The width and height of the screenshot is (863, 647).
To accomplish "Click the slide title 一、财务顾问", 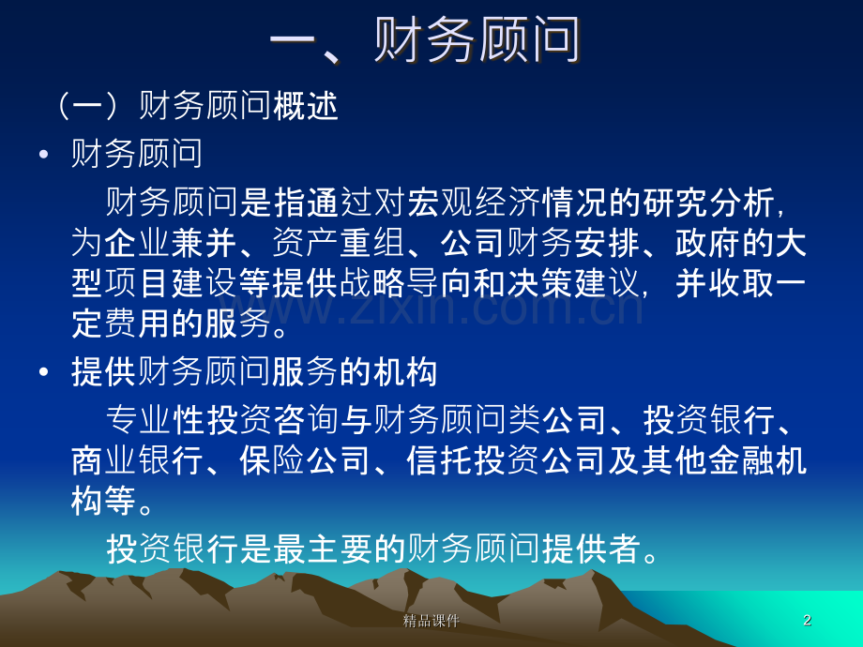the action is pyautogui.click(x=425, y=39).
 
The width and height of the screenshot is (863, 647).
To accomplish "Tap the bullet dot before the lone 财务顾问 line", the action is pyautogui.click(x=44, y=154).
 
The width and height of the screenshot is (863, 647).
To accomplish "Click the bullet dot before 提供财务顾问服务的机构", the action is pyautogui.click(x=44, y=372).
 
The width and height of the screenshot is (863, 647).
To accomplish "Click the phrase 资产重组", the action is pyautogui.click(x=338, y=243).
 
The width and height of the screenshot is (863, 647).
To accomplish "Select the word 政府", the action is pyautogui.click(x=708, y=243).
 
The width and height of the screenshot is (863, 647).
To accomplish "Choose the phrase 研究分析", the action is pyautogui.click(x=709, y=202).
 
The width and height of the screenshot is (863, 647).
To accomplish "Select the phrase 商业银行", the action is pyautogui.click(x=138, y=460).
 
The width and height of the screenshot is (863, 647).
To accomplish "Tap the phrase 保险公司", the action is pyautogui.click(x=305, y=460).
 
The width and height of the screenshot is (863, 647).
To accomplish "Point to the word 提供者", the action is pyautogui.click(x=591, y=549).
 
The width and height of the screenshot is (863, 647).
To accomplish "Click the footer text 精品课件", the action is pyautogui.click(x=431, y=621).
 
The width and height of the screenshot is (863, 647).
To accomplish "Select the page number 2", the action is pyautogui.click(x=808, y=620).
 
